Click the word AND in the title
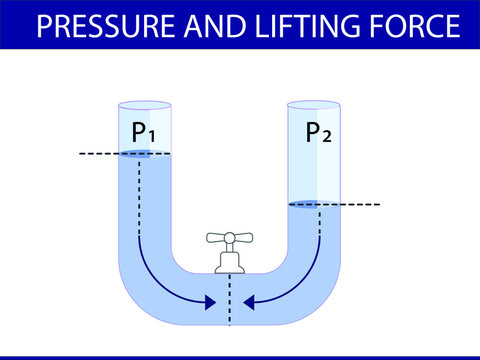[x=215, y=27]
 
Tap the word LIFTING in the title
[x=303, y=27]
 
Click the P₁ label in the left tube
[x=143, y=132]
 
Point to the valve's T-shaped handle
[x=229, y=238]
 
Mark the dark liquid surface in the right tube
[x=305, y=204]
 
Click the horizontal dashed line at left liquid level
[x=95, y=153]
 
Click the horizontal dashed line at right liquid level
[x=360, y=204]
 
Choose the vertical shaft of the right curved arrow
[x=320, y=235]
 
